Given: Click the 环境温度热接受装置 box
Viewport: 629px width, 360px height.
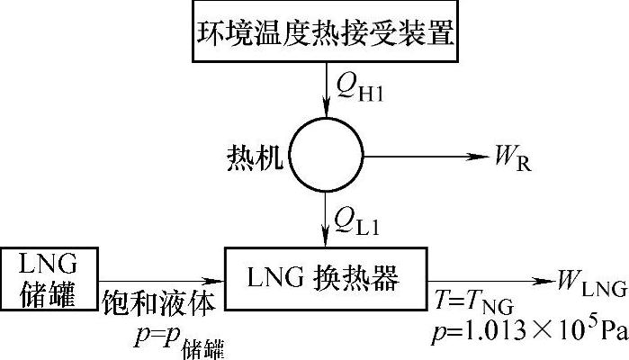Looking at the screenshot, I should point(323,33).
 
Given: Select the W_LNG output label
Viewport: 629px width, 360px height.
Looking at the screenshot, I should point(589,287).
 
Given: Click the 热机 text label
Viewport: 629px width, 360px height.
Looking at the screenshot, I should point(255,161).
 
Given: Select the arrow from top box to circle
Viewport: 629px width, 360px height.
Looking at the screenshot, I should point(323,94).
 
